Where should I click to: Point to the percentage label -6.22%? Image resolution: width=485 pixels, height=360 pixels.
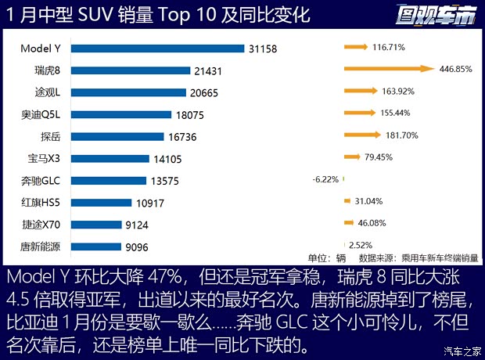[325, 179]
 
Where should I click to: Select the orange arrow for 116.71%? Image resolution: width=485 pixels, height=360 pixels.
[355, 48]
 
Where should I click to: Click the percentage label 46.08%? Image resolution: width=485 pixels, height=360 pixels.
[372, 223]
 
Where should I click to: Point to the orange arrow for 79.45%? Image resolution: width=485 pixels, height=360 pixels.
[351, 157]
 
